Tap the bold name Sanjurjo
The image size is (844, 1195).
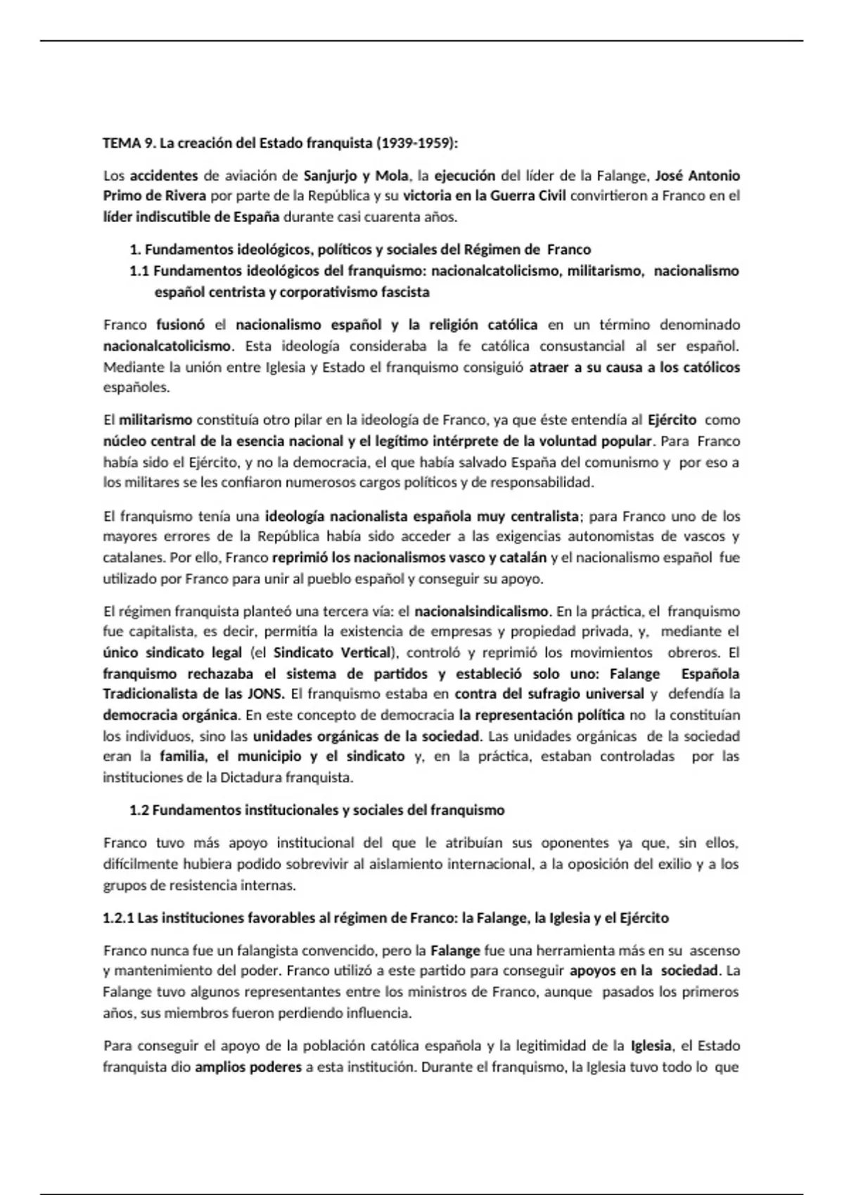[x=331, y=175]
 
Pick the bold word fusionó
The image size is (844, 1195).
[x=180, y=325]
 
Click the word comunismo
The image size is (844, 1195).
[x=620, y=463]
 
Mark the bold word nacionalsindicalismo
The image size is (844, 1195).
[x=481, y=611]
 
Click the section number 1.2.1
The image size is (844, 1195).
[x=117, y=918]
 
